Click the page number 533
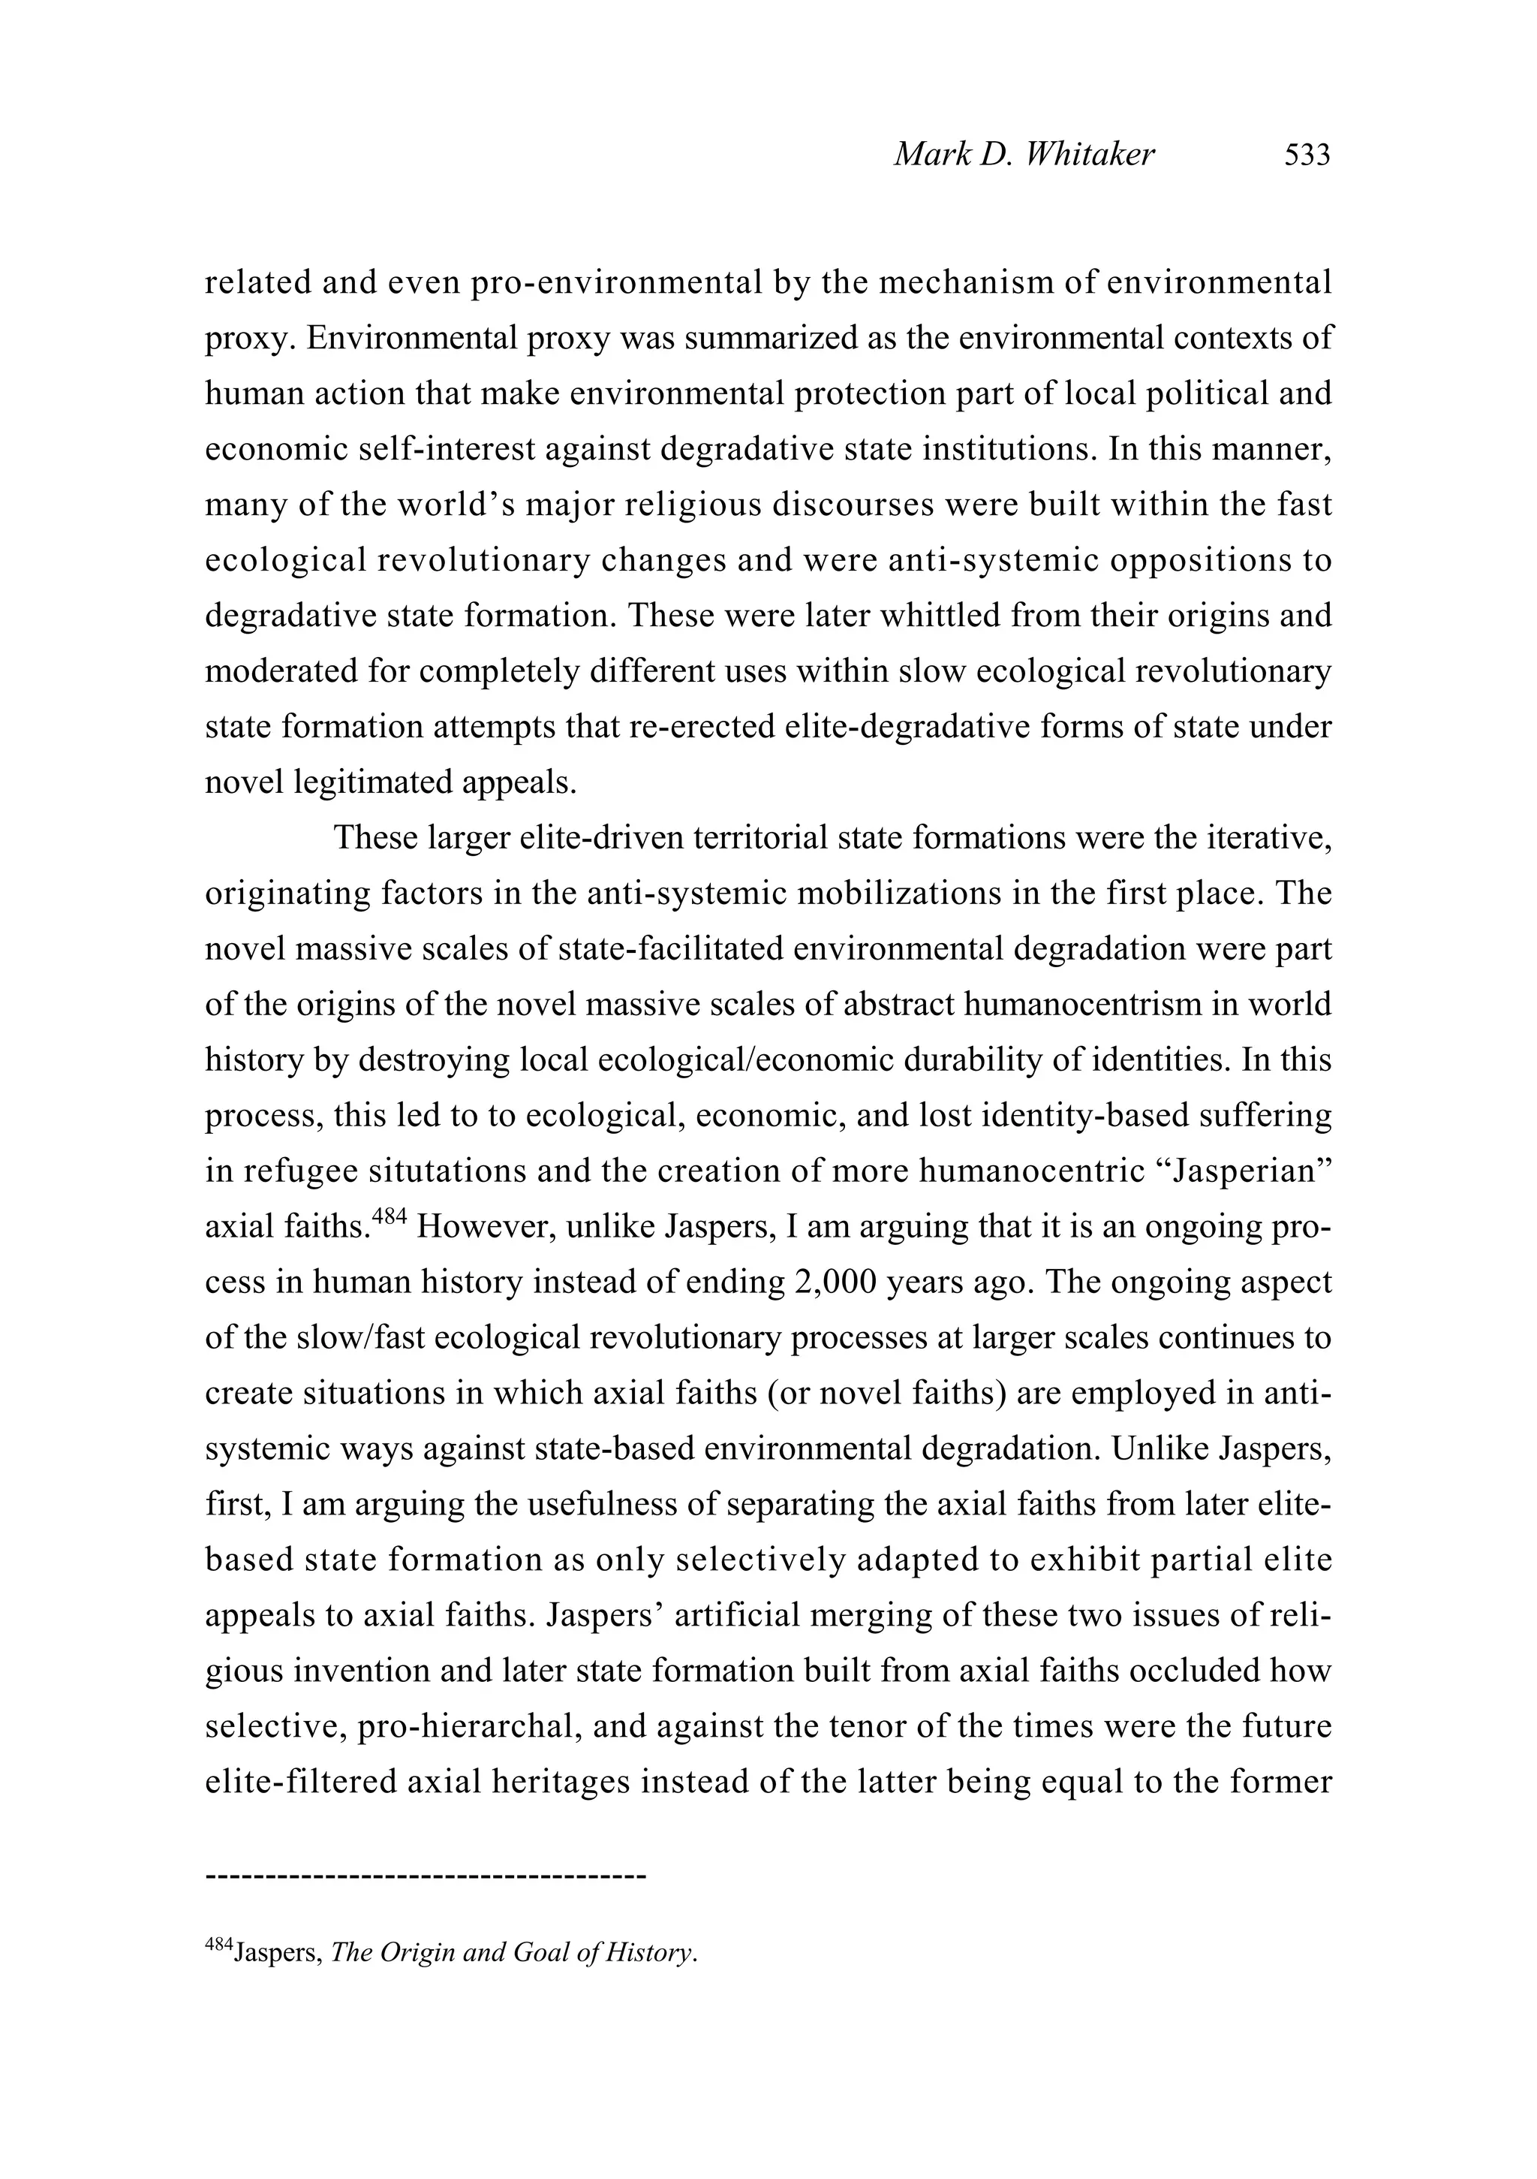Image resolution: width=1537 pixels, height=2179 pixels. [1307, 155]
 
